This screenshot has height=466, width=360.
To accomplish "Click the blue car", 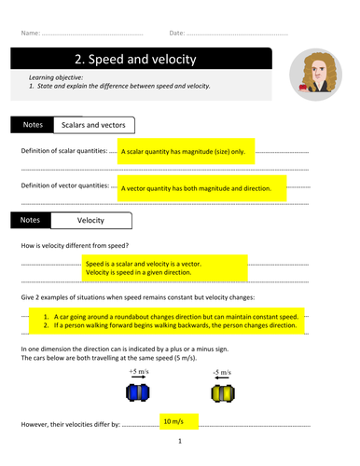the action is (138, 392).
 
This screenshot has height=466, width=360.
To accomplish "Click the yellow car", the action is (223, 393).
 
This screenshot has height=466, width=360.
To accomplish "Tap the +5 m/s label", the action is (139, 371).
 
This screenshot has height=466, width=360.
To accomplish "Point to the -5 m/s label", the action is (222, 372).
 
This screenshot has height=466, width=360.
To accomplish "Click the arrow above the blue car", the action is (139, 377).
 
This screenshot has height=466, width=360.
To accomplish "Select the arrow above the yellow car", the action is (222, 377).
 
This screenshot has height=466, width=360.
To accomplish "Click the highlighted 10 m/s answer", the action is (173, 421).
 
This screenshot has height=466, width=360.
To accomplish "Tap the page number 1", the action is (180, 441).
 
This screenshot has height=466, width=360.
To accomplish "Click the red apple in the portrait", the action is (303, 87).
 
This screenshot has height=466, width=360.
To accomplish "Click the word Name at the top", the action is (31, 33).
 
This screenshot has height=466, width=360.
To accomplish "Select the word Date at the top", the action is (177, 33).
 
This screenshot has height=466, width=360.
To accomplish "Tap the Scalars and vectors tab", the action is (94, 125).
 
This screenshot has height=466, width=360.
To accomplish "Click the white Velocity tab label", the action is (91, 221).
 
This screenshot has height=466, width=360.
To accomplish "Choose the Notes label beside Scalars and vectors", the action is (33, 125).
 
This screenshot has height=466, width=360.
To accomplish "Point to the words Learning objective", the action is (56, 77).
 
